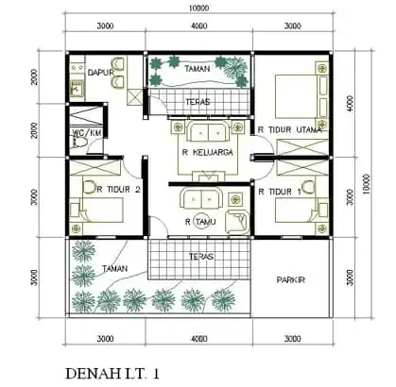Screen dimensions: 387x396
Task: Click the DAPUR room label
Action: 100,72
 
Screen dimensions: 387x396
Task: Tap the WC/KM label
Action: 86,135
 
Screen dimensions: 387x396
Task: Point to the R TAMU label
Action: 201,222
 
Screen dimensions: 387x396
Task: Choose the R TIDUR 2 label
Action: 118,190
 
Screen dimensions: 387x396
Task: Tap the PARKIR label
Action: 290,279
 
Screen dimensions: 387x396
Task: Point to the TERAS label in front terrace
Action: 199,256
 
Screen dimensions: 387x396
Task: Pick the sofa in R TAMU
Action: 199,199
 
